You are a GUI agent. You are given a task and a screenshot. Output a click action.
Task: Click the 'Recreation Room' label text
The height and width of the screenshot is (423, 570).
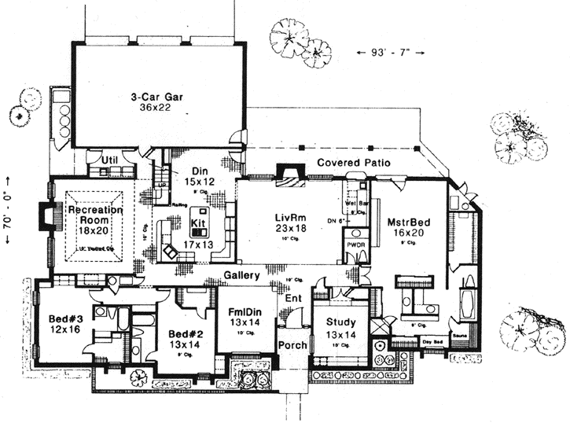[95, 215]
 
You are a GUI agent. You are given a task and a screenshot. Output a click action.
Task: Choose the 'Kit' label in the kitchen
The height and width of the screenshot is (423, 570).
[198, 223]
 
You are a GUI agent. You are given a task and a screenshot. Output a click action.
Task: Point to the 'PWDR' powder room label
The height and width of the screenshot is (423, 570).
[355, 253]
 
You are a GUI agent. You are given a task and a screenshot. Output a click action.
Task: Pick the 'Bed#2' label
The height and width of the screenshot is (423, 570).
[186, 333]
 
